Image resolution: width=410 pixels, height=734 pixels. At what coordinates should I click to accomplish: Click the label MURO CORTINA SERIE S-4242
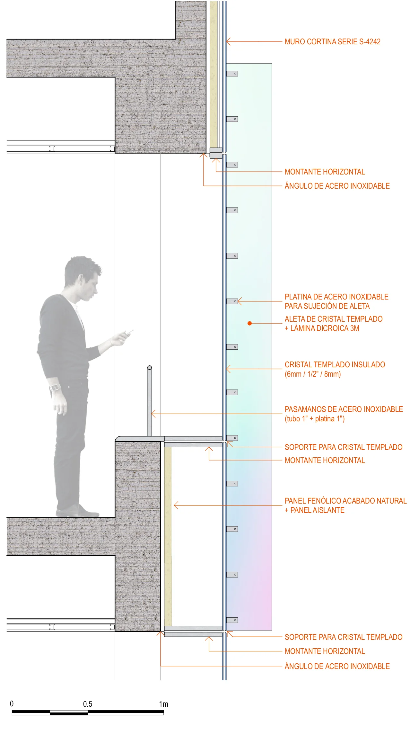click(x=332, y=42)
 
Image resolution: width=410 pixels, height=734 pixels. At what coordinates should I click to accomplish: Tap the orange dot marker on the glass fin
click(x=249, y=323)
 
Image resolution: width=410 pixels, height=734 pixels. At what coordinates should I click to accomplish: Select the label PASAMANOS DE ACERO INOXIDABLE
click(x=344, y=409)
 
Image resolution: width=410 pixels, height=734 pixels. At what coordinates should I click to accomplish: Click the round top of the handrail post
click(x=149, y=368)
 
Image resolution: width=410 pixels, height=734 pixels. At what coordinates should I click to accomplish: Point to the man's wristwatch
click(x=55, y=388)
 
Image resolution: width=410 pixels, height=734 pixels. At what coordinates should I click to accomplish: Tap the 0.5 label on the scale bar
click(x=87, y=704)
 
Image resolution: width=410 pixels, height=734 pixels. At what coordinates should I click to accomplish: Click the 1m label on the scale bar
click(x=163, y=704)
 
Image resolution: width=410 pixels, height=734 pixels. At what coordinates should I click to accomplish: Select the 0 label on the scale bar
click(x=12, y=704)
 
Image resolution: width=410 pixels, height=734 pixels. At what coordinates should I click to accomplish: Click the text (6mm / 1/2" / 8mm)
click(x=312, y=374)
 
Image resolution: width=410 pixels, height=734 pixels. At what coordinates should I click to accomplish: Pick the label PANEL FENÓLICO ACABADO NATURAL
click(x=345, y=501)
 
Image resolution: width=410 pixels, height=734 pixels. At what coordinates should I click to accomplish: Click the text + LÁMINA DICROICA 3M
click(x=322, y=328)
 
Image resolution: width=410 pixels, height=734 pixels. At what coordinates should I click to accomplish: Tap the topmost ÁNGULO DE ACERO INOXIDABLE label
click(x=337, y=186)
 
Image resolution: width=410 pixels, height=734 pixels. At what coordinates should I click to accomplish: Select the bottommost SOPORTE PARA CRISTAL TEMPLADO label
click(x=343, y=637)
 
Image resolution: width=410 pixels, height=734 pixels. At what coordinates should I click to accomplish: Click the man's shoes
click(x=74, y=511)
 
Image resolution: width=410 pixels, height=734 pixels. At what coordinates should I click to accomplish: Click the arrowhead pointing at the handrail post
click(x=153, y=414)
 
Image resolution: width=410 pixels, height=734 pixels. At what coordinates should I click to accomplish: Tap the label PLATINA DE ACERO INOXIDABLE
click(x=336, y=297)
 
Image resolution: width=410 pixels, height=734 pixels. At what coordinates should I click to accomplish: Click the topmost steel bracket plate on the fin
click(x=232, y=74)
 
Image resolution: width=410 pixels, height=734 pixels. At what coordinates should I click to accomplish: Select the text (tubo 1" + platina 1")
click(x=314, y=419)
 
